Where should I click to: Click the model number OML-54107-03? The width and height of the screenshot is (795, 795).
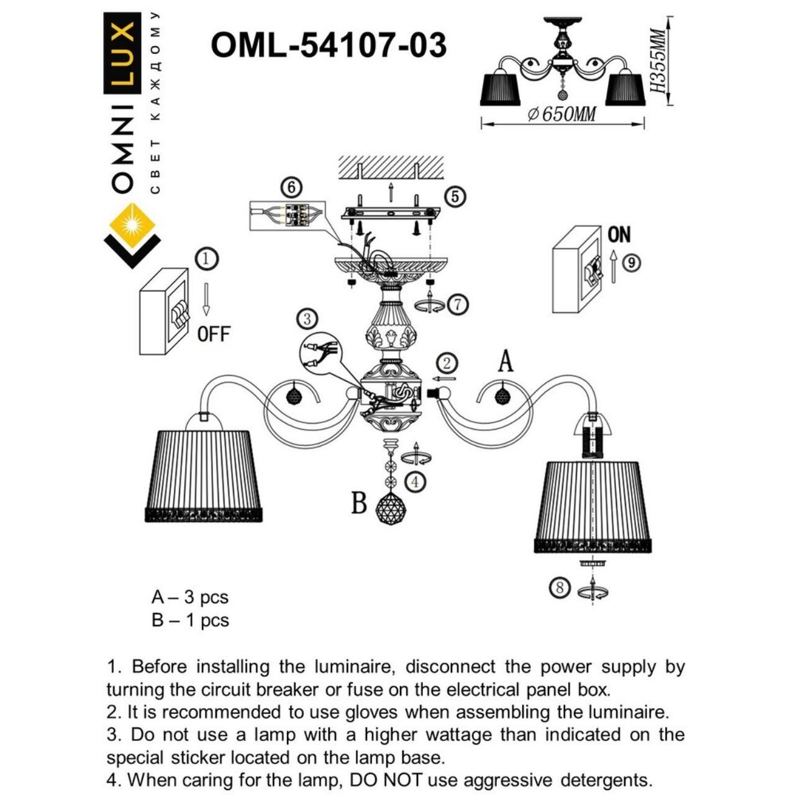point(329,45)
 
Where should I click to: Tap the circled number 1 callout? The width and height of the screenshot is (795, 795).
point(207,258)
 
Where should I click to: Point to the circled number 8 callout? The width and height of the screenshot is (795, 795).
point(560,587)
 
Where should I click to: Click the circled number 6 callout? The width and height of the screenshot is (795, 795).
point(291,186)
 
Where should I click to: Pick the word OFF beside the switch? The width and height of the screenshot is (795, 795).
point(214,334)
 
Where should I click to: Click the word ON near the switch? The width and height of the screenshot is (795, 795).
point(619,235)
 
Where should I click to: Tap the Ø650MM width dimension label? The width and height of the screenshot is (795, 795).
point(561,115)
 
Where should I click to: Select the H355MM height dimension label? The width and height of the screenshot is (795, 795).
point(657,61)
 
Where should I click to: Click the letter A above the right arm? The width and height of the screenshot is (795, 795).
point(506,361)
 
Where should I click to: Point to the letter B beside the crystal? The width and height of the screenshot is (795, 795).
point(359,503)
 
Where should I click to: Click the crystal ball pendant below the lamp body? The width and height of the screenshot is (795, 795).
point(391,509)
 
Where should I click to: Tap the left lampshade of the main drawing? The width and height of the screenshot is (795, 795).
point(203,472)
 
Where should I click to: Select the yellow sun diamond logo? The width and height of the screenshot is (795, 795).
point(132,225)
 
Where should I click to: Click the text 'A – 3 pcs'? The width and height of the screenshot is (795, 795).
point(190,597)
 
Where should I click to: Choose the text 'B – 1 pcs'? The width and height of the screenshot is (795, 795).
point(190,620)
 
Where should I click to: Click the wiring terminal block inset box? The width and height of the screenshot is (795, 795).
point(287,216)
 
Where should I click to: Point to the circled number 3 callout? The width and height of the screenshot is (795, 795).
point(307,320)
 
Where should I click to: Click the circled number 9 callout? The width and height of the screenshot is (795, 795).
point(632,263)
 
